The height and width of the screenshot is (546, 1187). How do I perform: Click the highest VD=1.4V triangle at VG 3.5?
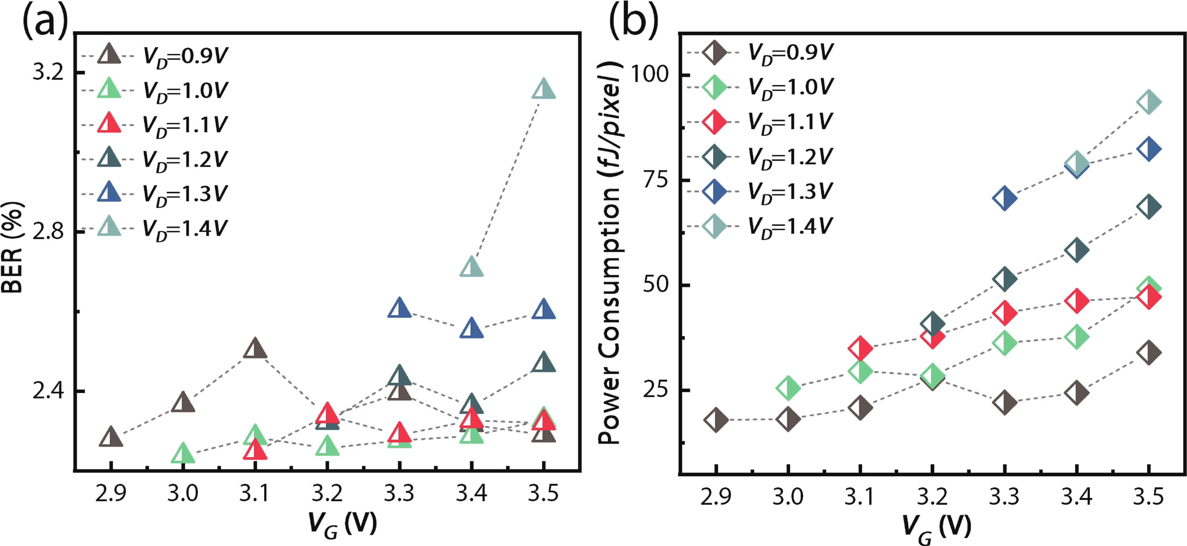[x=543, y=89]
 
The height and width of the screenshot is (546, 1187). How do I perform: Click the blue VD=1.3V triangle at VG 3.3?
[x=399, y=308]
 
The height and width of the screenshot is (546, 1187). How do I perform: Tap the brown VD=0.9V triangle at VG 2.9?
[x=110, y=437]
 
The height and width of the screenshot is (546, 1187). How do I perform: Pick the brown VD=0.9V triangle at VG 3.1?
[x=255, y=349]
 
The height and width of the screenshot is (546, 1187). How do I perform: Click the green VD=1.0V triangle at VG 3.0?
[x=183, y=454]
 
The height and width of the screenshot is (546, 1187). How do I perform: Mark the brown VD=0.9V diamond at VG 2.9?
[x=716, y=420]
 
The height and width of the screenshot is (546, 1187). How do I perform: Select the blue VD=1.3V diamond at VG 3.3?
[x=1005, y=199]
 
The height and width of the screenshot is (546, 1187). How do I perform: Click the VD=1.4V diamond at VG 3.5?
[x=1149, y=102]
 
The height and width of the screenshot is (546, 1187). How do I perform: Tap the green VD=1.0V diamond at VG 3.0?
[x=788, y=388]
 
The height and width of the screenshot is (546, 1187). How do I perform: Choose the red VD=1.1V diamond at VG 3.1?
[x=860, y=348]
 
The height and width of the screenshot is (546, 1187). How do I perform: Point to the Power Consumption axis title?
[x=609, y=254]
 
